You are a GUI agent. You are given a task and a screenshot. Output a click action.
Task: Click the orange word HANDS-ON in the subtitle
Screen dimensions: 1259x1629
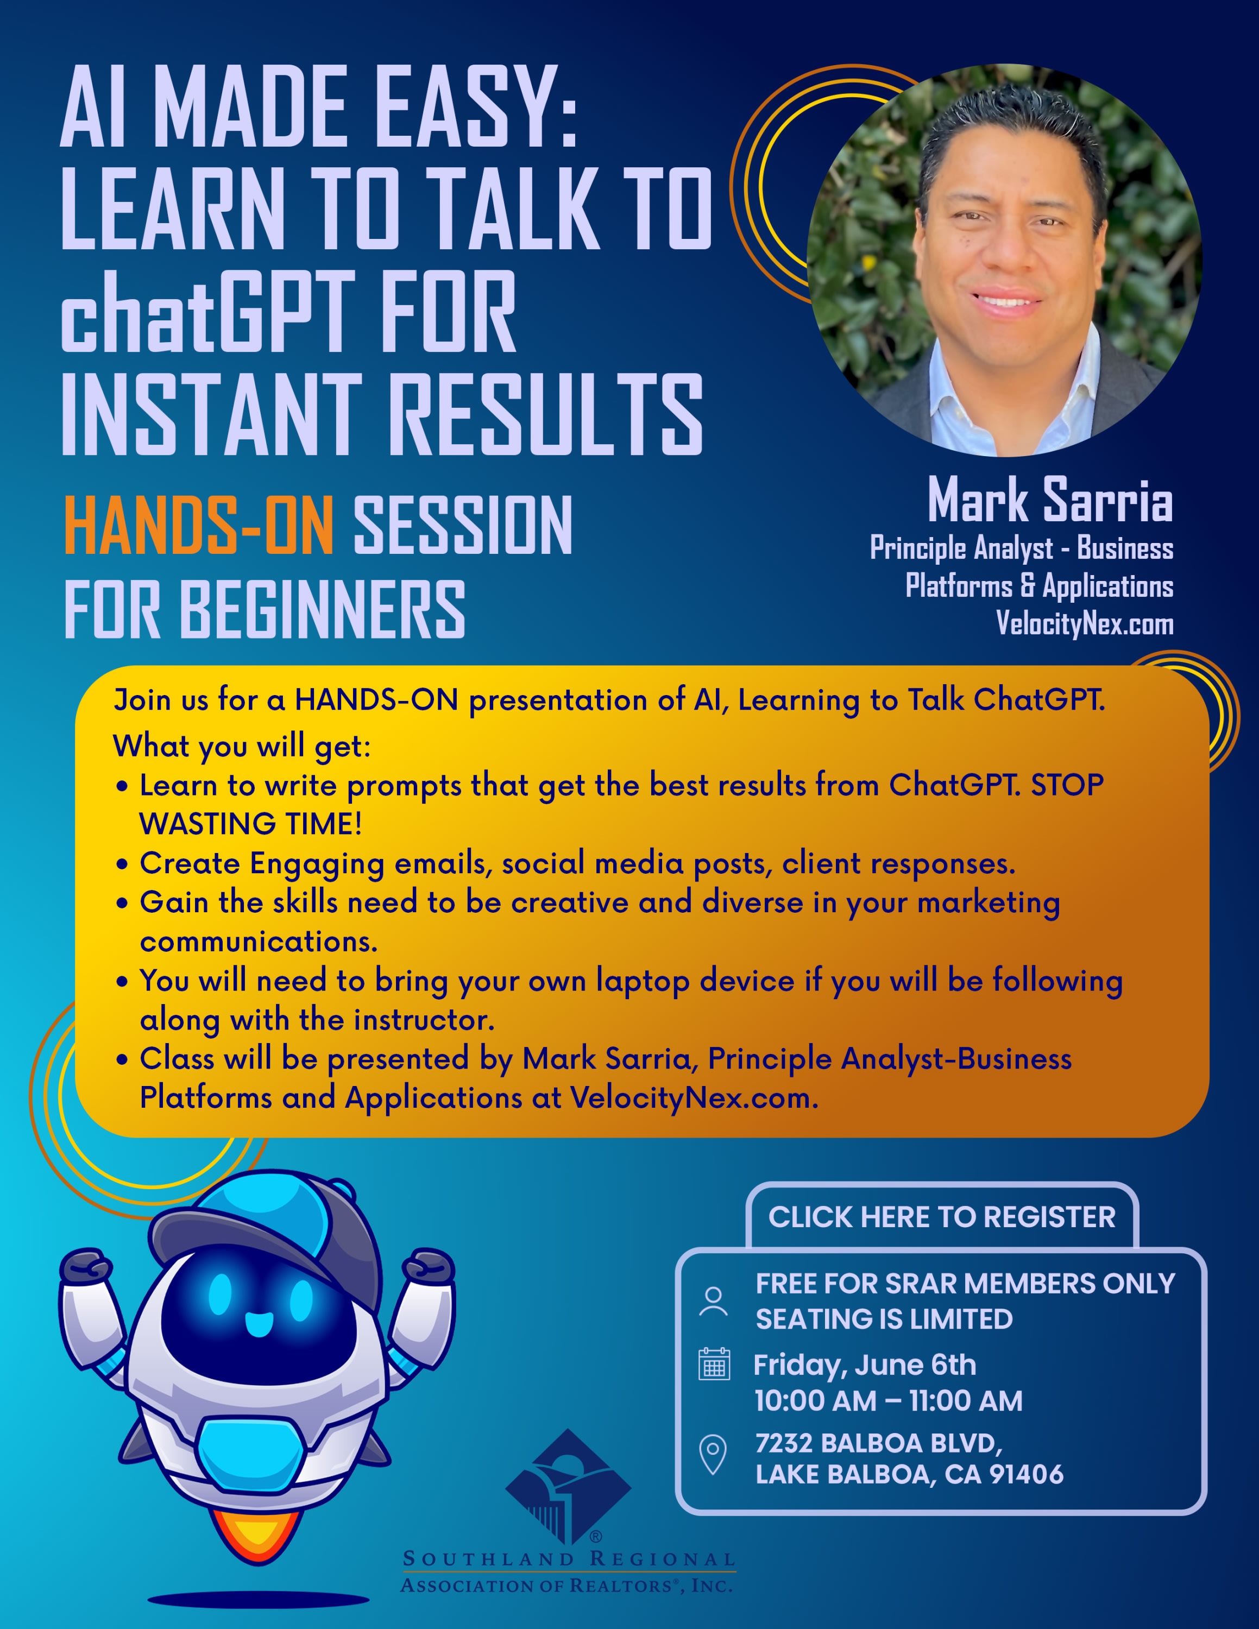pyautogui.click(x=198, y=526)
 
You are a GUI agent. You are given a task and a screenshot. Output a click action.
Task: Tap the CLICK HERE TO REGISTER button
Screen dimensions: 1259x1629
pyautogui.click(x=941, y=1217)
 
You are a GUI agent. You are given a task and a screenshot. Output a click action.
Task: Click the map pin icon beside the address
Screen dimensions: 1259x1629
pyautogui.click(x=713, y=1455)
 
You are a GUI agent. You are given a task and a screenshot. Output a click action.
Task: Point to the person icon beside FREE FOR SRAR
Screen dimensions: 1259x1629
pyautogui.click(x=713, y=1302)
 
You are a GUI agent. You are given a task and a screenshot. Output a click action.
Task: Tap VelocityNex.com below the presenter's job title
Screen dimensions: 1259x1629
pyautogui.click(x=1085, y=623)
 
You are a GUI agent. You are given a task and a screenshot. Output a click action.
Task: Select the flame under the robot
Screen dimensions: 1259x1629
pyautogui.click(x=258, y=1535)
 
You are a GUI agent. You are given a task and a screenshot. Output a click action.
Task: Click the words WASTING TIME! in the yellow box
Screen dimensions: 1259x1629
pyautogui.click(x=250, y=824)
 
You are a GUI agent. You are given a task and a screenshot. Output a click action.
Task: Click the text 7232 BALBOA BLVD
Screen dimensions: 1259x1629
pyautogui.click(x=879, y=1444)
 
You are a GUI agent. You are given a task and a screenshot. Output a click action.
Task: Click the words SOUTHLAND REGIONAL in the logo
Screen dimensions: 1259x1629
pyautogui.click(x=568, y=1559)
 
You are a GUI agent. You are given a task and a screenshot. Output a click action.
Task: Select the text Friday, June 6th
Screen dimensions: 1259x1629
pyautogui.click(x=865, y=1365)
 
